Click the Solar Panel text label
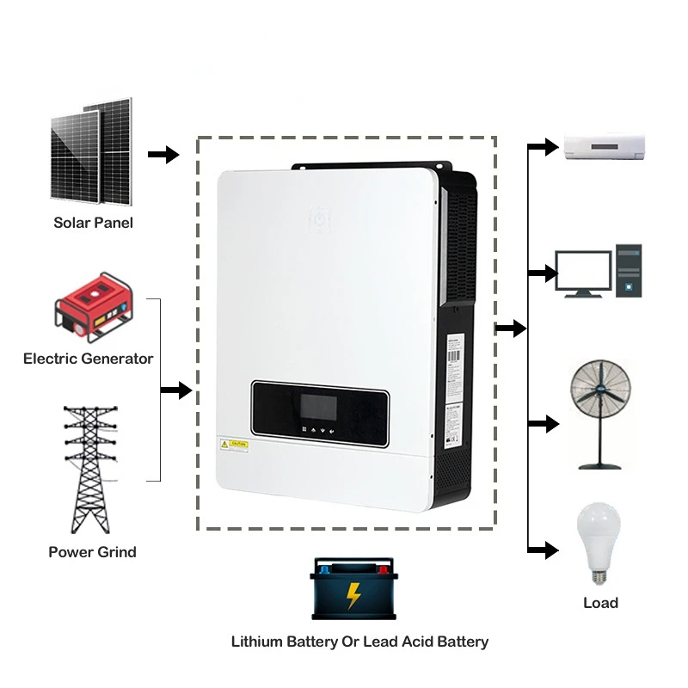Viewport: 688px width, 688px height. coord(93,223)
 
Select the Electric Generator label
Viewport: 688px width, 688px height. coord(88,359)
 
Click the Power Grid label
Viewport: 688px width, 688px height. coord(92,552)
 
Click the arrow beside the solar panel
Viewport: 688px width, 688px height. coord(163,155)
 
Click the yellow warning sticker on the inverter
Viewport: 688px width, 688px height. coord(234,444)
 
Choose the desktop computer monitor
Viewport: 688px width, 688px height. coord(582,273)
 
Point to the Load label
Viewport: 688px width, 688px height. coord(600,603)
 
